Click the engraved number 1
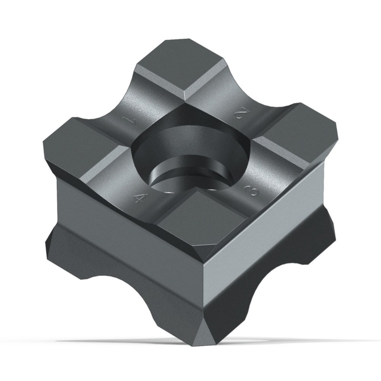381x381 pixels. click(128, 120)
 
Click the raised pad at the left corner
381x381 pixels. click(84, 146)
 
